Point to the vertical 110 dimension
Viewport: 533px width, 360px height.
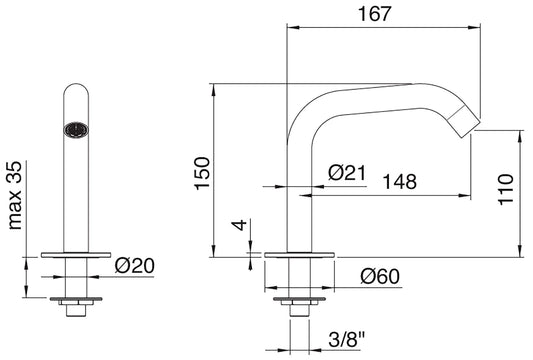pyautogui.click(x=507, y=187)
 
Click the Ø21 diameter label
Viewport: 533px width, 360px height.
pyautogui.click(x=346, y=172)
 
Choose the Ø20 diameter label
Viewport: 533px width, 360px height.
pyautogui.click(x=135, y=266)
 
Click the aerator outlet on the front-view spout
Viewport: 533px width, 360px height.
pyautogui.click(x=72, y=128)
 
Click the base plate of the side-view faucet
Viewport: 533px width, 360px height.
pyautogui.click(x=297, y=252)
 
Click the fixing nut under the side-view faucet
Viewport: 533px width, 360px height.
pyautogui.click(x=297, y=298)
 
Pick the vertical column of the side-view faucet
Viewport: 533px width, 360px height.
pyautogui.click(x=297, y=190)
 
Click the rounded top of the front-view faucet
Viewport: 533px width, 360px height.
pyautogui.click(x=72, y=92)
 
